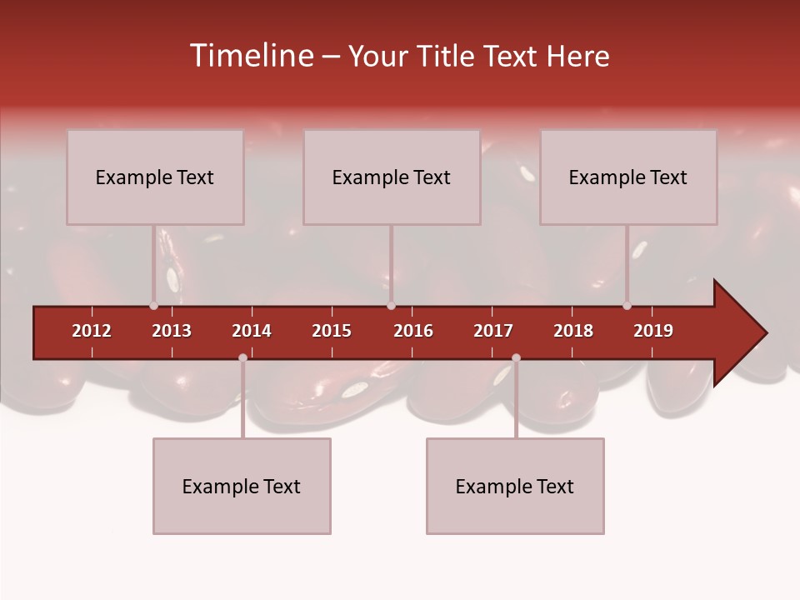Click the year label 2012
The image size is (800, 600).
point(92,331)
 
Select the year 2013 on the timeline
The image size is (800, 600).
point(172,331)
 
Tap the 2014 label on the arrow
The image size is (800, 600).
point(252,331)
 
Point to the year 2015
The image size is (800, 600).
point(332,331)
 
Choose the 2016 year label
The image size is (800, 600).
point(413,331)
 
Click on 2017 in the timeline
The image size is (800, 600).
point(493,331)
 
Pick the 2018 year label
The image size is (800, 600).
point(573,331)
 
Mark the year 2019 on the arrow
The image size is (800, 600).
point(653,331)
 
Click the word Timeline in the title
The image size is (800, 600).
point(250,56)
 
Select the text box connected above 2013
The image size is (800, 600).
point(155,177)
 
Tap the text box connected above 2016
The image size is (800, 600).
point(392,177)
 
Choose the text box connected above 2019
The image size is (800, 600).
point(628,177)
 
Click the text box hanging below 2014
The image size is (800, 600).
point(242,486)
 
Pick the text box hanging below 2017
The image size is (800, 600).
point(515,486)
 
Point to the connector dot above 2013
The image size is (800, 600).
point(153,306)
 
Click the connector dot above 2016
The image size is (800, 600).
point(391,306)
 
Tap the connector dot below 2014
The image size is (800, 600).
point(242,358)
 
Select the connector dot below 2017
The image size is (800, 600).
point(516,358)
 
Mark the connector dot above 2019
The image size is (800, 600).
point(627,306)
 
